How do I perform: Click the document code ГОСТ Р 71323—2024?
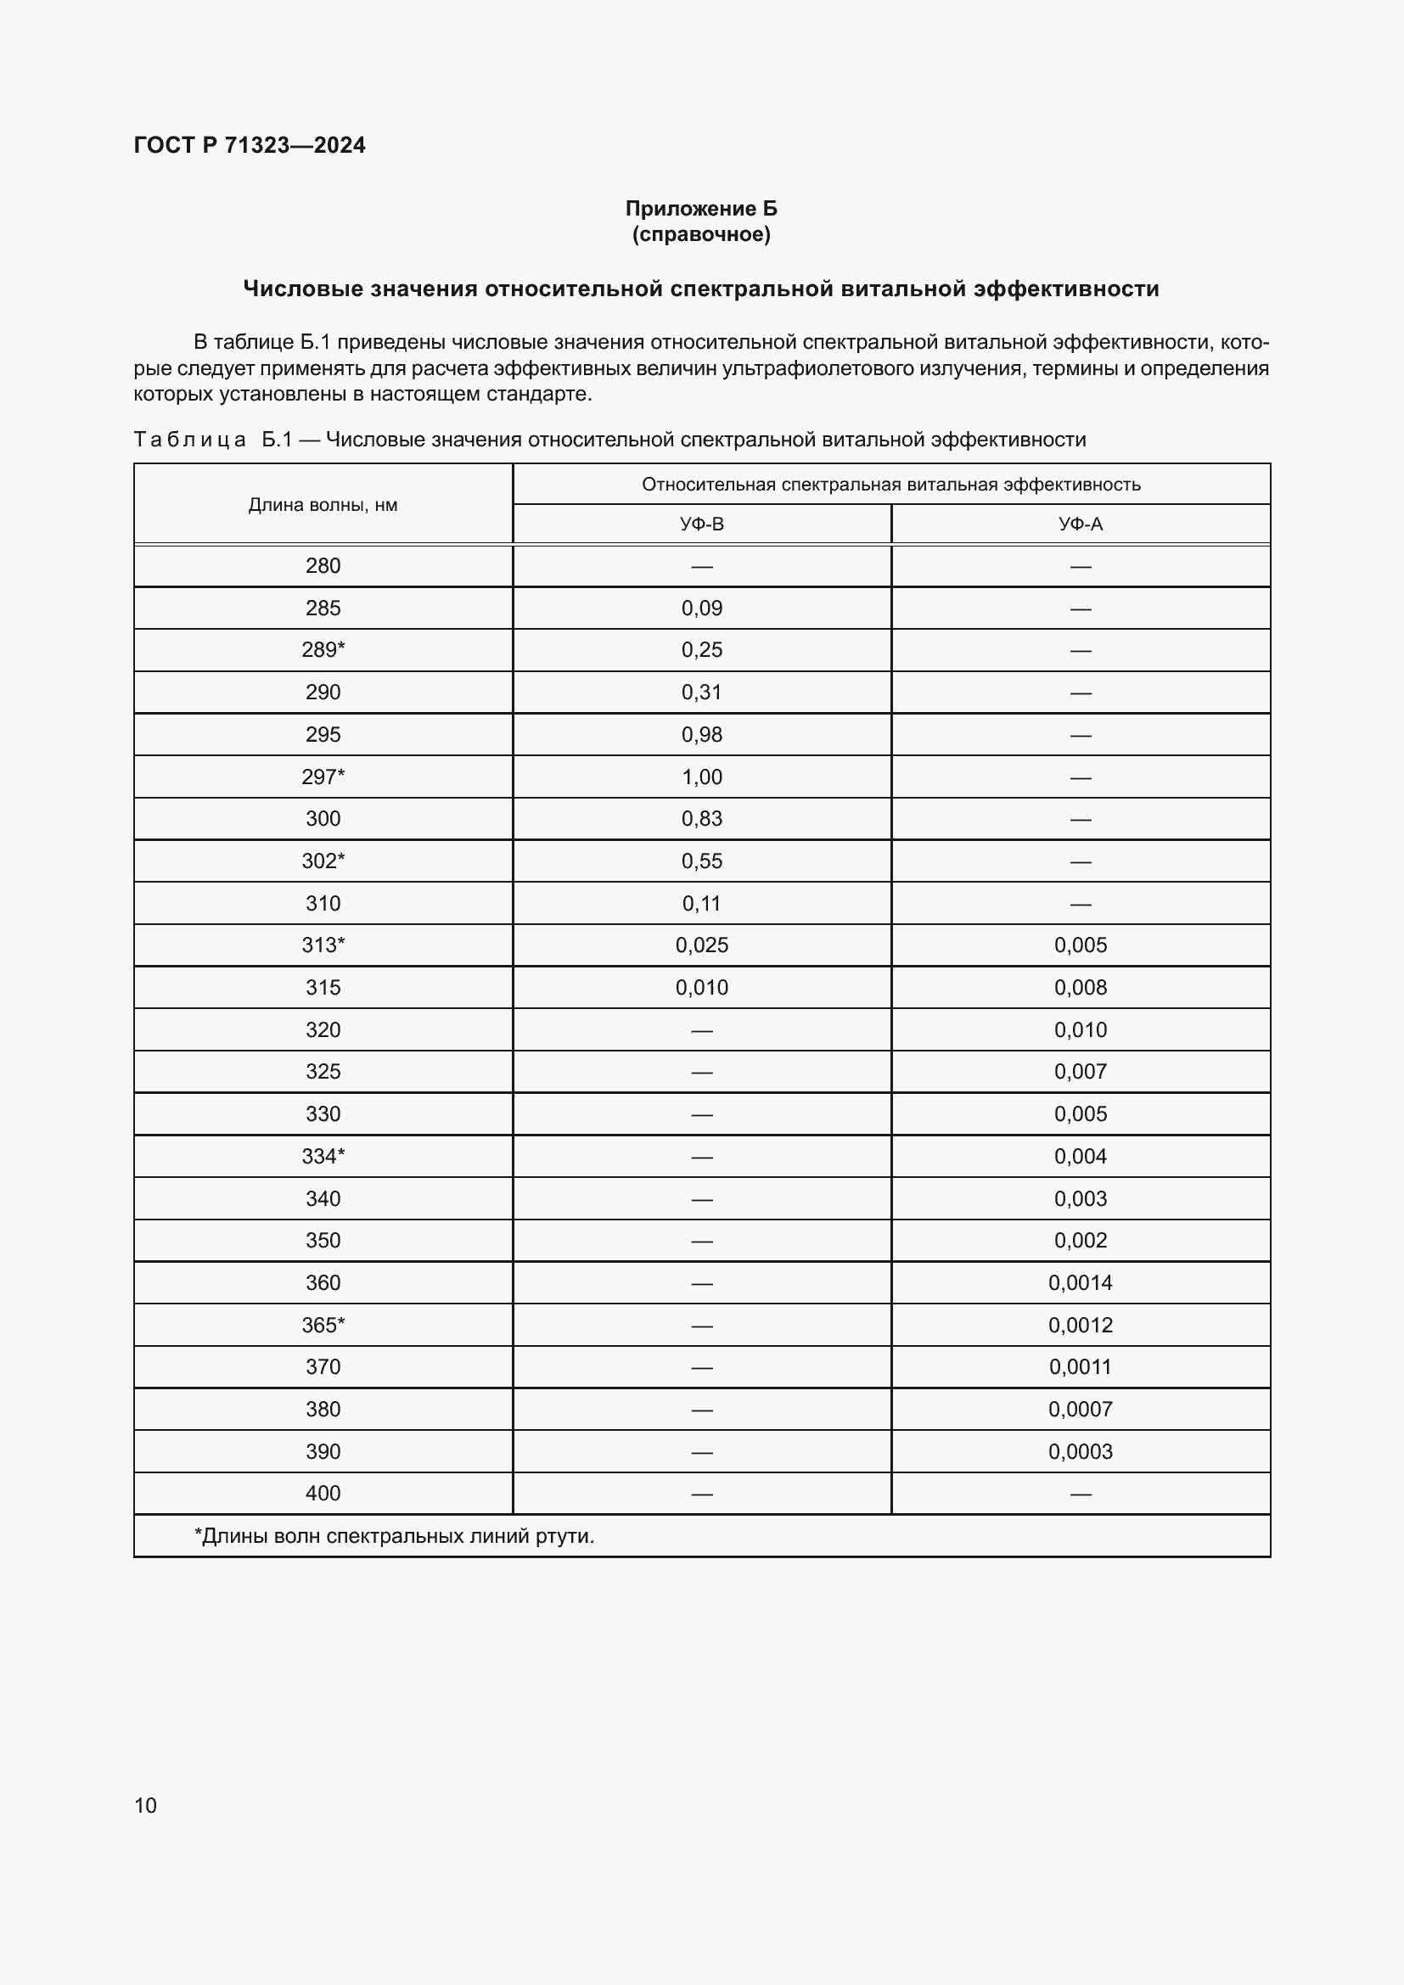click(x=249, y=145)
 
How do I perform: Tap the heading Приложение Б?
click(x=701, y=209)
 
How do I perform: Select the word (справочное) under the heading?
click(x=701, y=234)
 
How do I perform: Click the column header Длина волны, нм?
click(x=323, y=505)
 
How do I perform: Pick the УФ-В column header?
click(x=701, y=524)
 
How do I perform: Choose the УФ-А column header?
click(x=1080, y=524)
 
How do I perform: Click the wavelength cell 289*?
click(x=323, y=650)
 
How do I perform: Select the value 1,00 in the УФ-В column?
click(x=701, y=777)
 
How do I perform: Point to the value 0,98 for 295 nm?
click(x=701, y=735)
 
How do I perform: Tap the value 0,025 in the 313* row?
click(x=701, y=945)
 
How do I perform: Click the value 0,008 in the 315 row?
click(x=1080, y=987)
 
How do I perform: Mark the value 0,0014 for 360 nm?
click(x=1080, y=1283)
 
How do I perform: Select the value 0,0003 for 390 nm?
click(x=1080, y=1451)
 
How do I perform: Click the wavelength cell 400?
click(x=323, y=1493)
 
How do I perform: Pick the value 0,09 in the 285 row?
click(x=701, y=608)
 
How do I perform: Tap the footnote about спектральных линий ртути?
click(x=394, y=1536)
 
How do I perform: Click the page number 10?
click(x=145, y=1805)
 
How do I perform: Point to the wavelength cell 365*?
click(x=323, y=1326)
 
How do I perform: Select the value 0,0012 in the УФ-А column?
click(x=1080, y=1326)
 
